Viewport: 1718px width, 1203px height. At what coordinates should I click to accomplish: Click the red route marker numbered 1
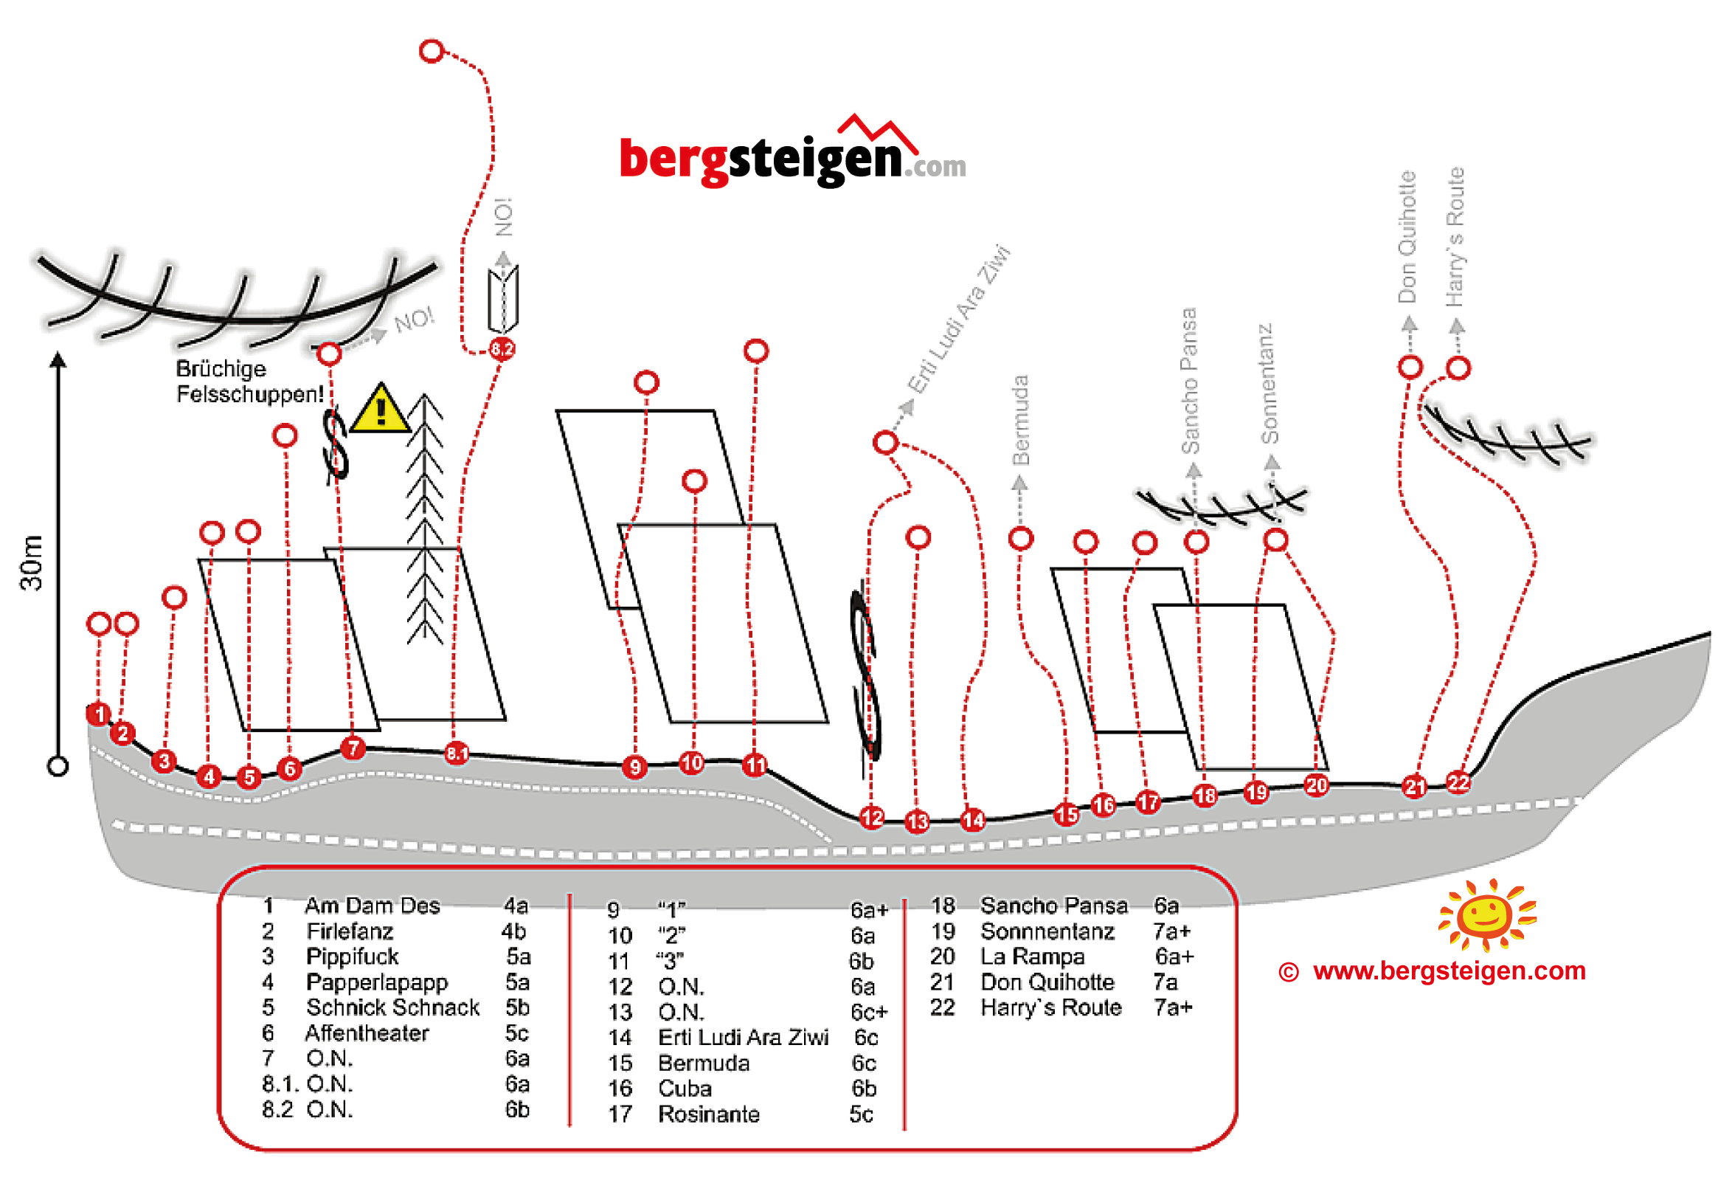pos(100,714)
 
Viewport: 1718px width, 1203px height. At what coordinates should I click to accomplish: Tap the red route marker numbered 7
pos(353,748)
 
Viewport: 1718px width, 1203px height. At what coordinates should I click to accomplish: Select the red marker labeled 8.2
pos(502,349)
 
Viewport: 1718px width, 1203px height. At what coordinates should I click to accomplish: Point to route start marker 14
pos(973,820)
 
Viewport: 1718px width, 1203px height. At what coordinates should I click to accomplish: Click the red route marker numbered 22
pos(1458,783)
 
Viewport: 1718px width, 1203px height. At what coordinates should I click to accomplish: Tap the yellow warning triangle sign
pos(381,410)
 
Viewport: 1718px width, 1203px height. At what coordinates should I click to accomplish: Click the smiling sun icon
pos(1487,914)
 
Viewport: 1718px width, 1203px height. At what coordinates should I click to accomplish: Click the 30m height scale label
pos(32,563)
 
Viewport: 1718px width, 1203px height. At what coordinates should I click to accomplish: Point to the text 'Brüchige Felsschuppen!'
pos(250,381)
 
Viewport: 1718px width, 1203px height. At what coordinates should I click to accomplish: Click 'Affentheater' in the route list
pos(367,1033)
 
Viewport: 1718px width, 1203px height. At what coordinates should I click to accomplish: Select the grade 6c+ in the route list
pos(869,1012)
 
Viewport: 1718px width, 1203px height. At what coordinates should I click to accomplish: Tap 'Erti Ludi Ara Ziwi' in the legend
pos(743,1038)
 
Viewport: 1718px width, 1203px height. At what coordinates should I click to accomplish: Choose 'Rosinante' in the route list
pos(709,1114)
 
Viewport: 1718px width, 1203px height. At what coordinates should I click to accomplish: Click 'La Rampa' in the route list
pos(1033,956)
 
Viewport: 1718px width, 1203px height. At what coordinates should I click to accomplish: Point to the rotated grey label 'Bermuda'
pos(1021,420)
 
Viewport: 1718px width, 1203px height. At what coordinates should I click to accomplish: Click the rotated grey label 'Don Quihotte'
pos(1407,237)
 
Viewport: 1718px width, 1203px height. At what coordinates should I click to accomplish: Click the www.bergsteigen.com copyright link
pos(1449,971)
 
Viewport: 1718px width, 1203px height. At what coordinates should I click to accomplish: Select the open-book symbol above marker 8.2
pos(504,300)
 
